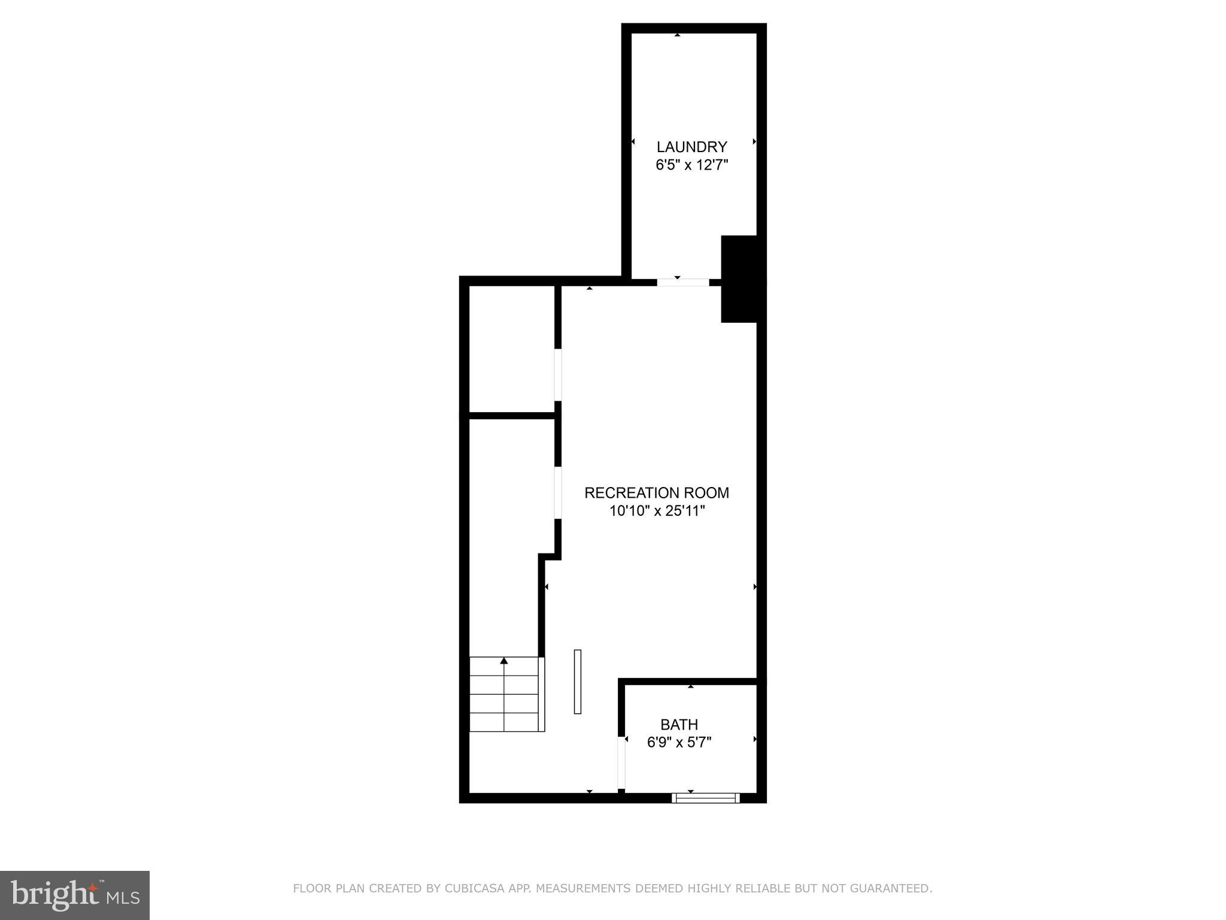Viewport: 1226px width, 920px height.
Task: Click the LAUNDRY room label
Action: (x=691, y=147)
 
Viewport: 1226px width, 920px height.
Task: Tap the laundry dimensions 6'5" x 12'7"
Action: (x=691, y=165)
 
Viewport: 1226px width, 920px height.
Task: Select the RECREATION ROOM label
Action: (x=657, y=493)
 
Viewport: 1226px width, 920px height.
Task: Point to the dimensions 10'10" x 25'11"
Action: (x=657, y=511)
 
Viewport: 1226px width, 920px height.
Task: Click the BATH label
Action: (x=679, y=725)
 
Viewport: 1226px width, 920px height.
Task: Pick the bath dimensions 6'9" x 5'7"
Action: (x=679, y=743)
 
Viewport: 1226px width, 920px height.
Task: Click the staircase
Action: (x=506, y=695)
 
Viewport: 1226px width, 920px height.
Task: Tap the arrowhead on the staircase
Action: (x=504, y=661)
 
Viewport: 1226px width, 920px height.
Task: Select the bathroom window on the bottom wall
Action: (x=705, y=797)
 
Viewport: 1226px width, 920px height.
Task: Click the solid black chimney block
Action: (x=742, y=279)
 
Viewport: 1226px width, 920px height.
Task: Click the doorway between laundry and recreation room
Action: (x=682, y=282)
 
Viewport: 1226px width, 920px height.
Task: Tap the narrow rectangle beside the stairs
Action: (x=578, y=682)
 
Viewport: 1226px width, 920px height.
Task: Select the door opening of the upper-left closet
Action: (x=558, y=375)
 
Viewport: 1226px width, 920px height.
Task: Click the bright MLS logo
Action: (x=75, y=895)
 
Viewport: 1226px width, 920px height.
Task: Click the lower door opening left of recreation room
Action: (x=558, y=492)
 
